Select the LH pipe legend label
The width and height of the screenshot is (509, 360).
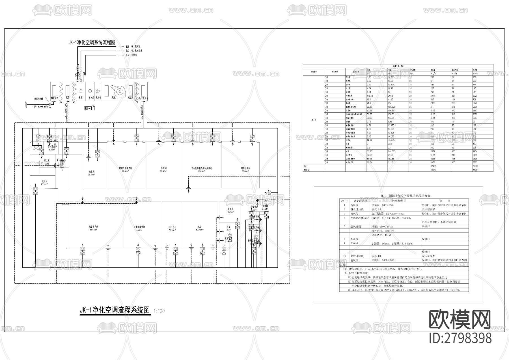click(128, 46)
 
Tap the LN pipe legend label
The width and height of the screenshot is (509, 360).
click(128, 55)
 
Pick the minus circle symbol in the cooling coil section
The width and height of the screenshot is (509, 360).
click(81, 91)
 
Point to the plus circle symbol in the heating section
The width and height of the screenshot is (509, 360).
click(90, 91)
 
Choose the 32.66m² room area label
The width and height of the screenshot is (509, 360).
click(172, 230)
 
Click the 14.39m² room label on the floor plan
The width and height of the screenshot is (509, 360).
click(229, 212)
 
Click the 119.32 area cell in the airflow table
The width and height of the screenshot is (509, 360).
click(370, 96)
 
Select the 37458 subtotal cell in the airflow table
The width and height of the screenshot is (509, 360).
click(434, 166)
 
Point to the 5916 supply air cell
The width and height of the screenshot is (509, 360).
click(432, 96)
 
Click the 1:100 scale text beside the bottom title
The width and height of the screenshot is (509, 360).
click(159, 311)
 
